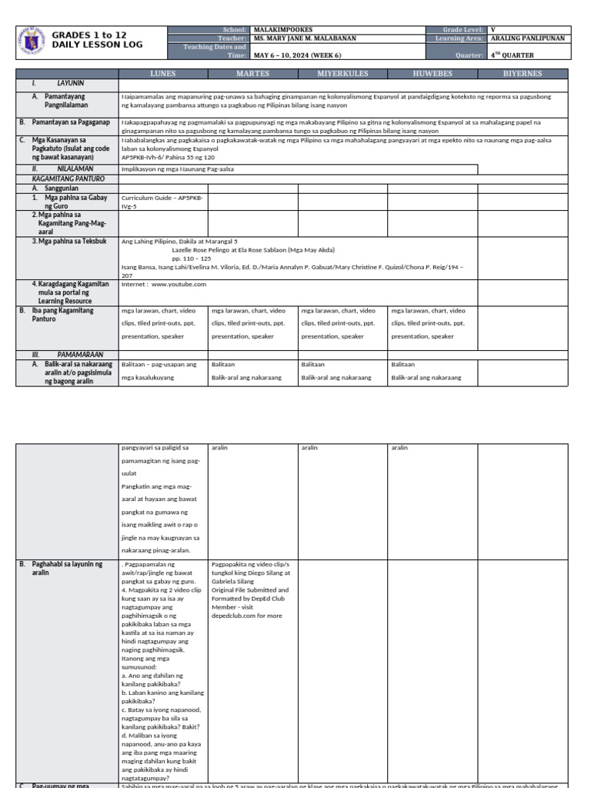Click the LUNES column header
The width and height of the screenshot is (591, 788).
[162, 74]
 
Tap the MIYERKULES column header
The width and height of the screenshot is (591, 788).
[342, 74]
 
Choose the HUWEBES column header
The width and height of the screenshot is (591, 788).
[432, 74]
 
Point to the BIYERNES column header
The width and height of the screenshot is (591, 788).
[523, 74]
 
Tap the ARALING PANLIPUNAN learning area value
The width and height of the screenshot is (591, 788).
[527, 38]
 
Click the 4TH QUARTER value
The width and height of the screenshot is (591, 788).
[512, 55]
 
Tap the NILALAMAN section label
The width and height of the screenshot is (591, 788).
[75, 169]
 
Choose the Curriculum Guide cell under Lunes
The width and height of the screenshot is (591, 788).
[162, 201]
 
